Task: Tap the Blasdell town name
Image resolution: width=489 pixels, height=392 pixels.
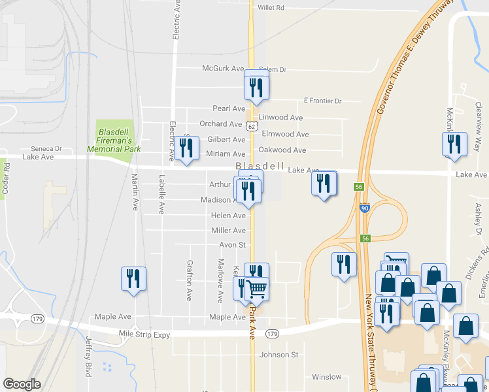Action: [261, 166]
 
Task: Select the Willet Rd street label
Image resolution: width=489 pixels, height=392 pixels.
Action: [271, 8]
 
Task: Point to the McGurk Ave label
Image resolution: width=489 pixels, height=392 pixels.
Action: [223, 69]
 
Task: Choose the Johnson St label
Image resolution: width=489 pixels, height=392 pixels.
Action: [278, 355]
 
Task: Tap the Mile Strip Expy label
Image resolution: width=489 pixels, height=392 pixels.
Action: [144, 335]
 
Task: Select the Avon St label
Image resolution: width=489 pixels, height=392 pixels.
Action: [232, 245]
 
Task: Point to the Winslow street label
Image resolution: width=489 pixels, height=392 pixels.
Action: [326, 377]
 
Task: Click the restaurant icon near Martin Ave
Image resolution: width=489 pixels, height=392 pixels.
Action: [134, 279]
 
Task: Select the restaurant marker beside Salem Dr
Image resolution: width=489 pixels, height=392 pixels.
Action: [257, 88]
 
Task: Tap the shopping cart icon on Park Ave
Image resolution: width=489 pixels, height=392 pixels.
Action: [257, 288]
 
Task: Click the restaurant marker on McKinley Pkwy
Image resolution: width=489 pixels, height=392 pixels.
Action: [454, 144]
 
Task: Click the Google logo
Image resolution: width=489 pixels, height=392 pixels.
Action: [22, 384]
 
